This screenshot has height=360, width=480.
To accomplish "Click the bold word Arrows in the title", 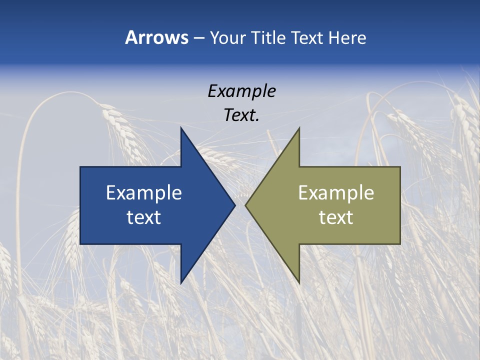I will (156, 37).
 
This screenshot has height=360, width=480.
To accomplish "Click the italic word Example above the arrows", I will (241, 91).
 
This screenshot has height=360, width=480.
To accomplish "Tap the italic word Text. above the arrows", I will (241, 115).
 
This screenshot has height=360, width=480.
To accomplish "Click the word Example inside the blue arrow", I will (144, 192).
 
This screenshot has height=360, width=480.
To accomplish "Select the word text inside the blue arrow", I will (144, 217).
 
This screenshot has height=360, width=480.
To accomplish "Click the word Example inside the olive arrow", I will (336, 192).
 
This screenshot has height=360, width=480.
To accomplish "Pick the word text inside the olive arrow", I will (336, 217).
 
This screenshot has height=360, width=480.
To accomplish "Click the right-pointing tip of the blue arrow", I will (235, 205).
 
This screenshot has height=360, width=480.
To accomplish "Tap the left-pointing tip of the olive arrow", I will (245, 205).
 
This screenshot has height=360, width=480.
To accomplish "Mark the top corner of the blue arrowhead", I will (181, 127).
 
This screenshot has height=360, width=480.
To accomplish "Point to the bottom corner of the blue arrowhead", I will (181, 283).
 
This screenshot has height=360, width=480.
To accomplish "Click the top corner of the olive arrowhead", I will (299, 127).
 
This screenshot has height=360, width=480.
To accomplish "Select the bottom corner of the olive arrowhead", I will (299, 283).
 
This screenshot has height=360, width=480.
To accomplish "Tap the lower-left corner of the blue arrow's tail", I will (80, 244).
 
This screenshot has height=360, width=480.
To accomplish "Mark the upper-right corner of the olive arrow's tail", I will (400, 167).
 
